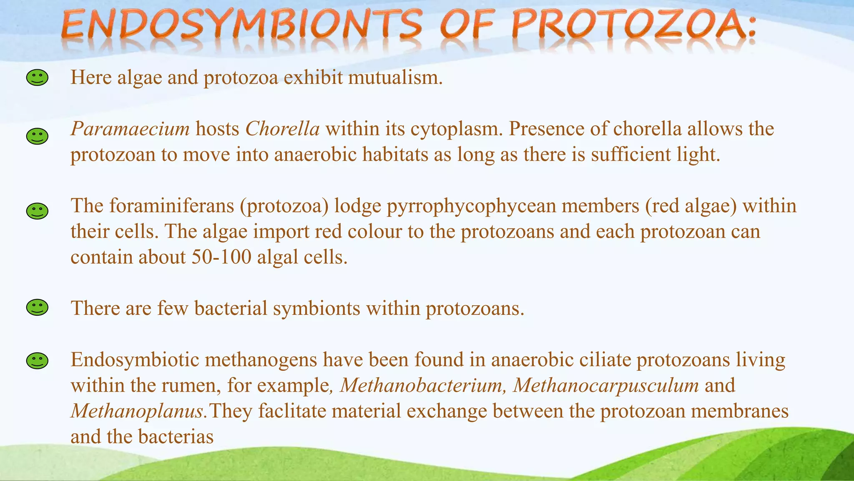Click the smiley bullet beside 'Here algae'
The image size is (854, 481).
37,78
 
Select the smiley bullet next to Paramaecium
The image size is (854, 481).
37,137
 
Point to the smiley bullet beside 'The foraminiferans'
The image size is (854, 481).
37,211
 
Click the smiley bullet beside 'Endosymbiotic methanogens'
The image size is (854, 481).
37,361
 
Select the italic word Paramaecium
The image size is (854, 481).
130,129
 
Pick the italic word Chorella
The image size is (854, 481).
282,129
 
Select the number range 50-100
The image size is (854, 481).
221,257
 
